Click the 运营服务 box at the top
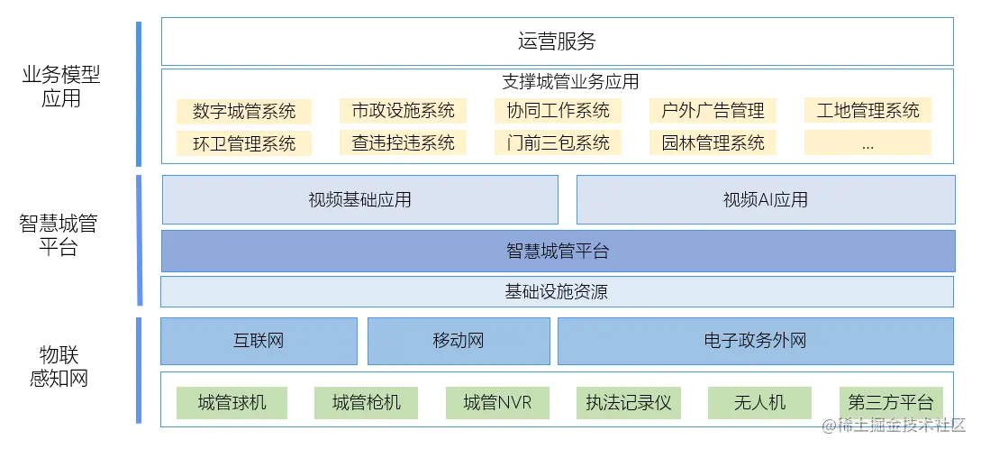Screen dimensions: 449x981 point(557,41)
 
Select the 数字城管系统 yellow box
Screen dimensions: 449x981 point(243,112)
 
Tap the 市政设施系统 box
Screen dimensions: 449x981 point(403,111)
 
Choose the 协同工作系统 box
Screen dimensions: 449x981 point(558,111)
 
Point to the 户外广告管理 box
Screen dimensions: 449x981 point(713,111)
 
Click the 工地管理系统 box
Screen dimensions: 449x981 point(867,111)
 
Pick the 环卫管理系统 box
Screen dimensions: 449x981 point(243,143)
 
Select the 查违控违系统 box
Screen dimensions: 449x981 point(403,142)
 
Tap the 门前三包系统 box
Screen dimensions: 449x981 point(558,142)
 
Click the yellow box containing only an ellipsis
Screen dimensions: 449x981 point(867,142)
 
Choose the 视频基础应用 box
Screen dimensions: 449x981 point(359,199)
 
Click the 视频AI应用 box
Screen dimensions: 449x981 point(765,199)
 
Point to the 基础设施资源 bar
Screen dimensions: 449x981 point(557,291)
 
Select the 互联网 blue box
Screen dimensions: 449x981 point(259,341)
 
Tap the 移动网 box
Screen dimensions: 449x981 point(459,341)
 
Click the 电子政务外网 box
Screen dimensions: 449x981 point(755,341)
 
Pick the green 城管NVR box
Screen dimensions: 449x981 point(497,402)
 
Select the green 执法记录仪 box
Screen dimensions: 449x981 point(628,402)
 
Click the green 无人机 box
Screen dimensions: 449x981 point(759,402)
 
